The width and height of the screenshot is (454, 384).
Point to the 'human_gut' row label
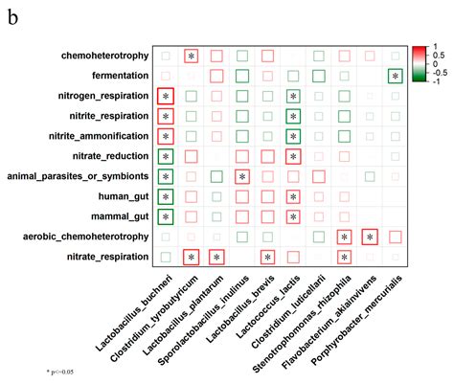coord(123,196)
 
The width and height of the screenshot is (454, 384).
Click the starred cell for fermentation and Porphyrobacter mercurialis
coord(395,76)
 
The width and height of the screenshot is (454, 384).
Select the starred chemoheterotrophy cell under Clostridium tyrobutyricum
coord(192,56)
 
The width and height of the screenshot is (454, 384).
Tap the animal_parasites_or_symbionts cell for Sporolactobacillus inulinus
coord(242,176)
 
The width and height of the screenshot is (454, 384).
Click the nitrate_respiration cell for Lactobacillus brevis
coord(268,257)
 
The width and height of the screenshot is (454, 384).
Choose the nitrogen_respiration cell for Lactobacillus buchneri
coord(166,96)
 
